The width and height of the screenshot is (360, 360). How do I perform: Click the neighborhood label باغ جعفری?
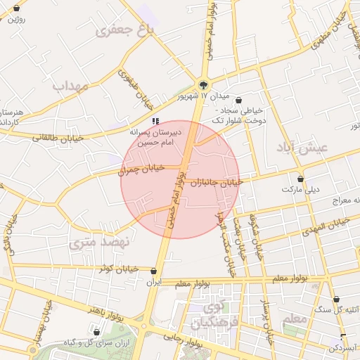pyautogui.click(x=126, y=30)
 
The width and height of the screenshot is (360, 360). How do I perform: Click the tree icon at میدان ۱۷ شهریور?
pyautogui.click(x=205, y=82)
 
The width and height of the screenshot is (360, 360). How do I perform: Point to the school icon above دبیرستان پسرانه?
pyautogui.click(x=155, y=121)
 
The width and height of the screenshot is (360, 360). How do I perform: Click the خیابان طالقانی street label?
pyautogui.click(x=58, y=139)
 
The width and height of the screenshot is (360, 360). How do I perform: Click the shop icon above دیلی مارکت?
pyautogui.click(x=301, y=179)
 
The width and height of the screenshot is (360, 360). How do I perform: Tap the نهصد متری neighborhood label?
pyautogui.click(x=101, y=243)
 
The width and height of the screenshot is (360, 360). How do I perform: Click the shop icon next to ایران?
pyautogui.click(x=154, y=271)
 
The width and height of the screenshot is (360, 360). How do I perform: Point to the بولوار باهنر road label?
pyautogui.click(x=105, y=309)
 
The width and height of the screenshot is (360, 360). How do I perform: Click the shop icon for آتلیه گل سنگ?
pyautogui.click(x=336, y=299)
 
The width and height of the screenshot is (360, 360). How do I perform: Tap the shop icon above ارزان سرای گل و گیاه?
pyautogui.click(x=96, y=330)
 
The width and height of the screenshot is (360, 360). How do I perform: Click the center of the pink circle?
pyautogui.click(x=180, y=179)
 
